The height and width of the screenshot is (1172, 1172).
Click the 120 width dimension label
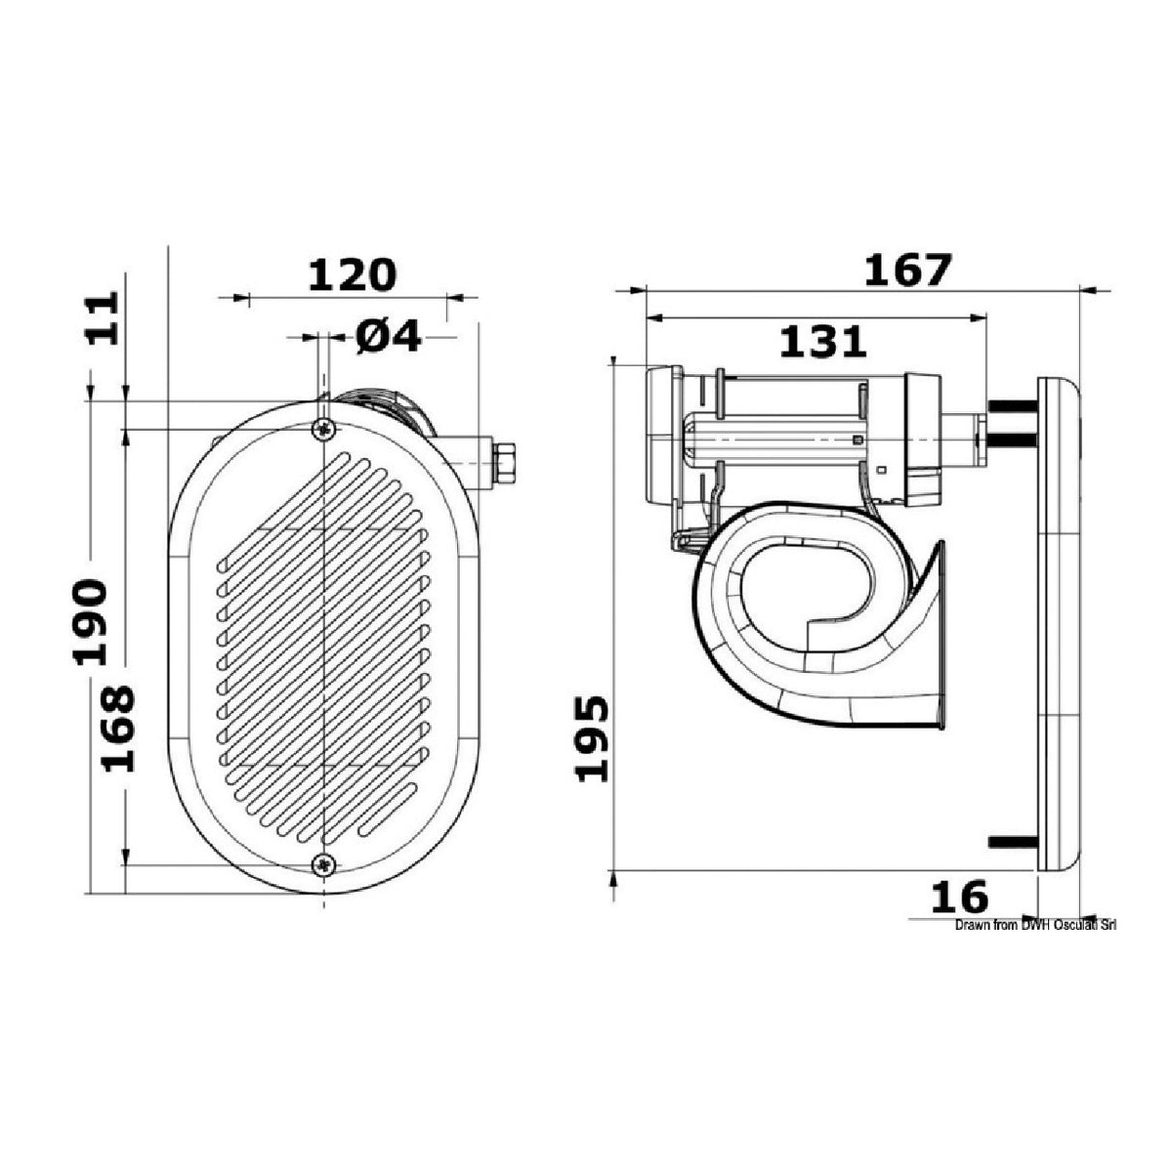(353, 274)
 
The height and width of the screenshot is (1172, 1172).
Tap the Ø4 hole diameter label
(389, 336)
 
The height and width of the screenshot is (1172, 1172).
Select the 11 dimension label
(103, 318)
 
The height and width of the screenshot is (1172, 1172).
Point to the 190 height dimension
(90, 621)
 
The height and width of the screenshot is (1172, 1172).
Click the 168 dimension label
(117, 728)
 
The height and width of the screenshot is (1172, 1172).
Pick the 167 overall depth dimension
(906, 270)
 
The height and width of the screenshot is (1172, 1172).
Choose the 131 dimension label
(822, 341)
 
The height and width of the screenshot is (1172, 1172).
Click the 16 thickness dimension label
(959, 913)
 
